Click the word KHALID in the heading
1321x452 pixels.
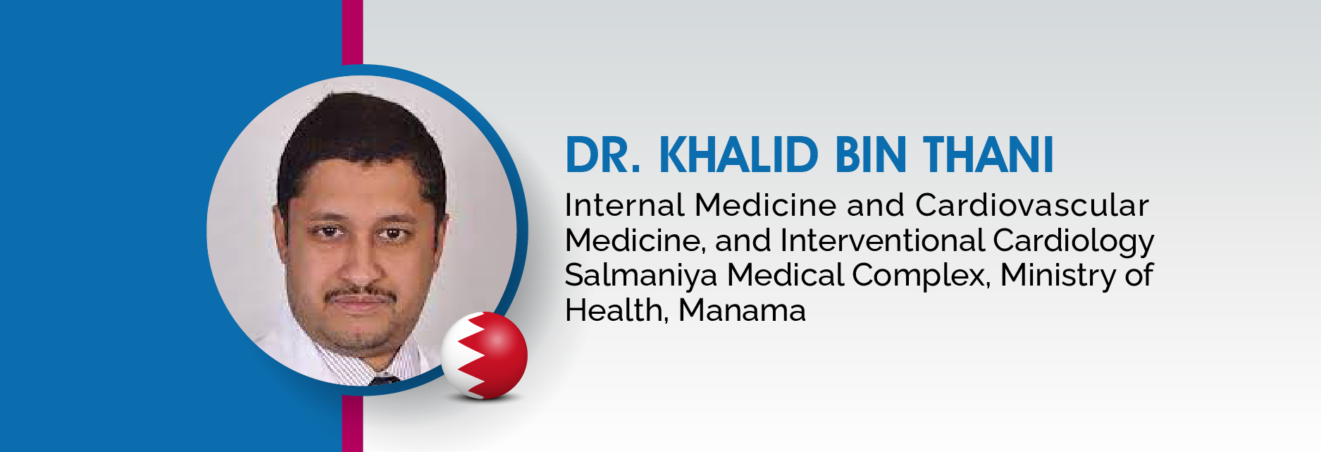click(x=738, y=155)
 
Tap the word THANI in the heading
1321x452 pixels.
click(x=988, y=155)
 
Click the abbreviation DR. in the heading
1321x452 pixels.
click(x=603, y=155)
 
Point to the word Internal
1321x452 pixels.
click(x=625, y=205)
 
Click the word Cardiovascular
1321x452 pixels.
click(x=1032, y=205)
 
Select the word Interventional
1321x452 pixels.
click(x=882, y=240)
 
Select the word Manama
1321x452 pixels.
click(x=742, y=311)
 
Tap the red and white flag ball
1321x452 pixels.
click(x=485, y=355)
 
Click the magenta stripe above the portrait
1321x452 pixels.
click(x=352, y=32)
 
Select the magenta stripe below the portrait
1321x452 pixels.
click(x=352, y=423)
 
